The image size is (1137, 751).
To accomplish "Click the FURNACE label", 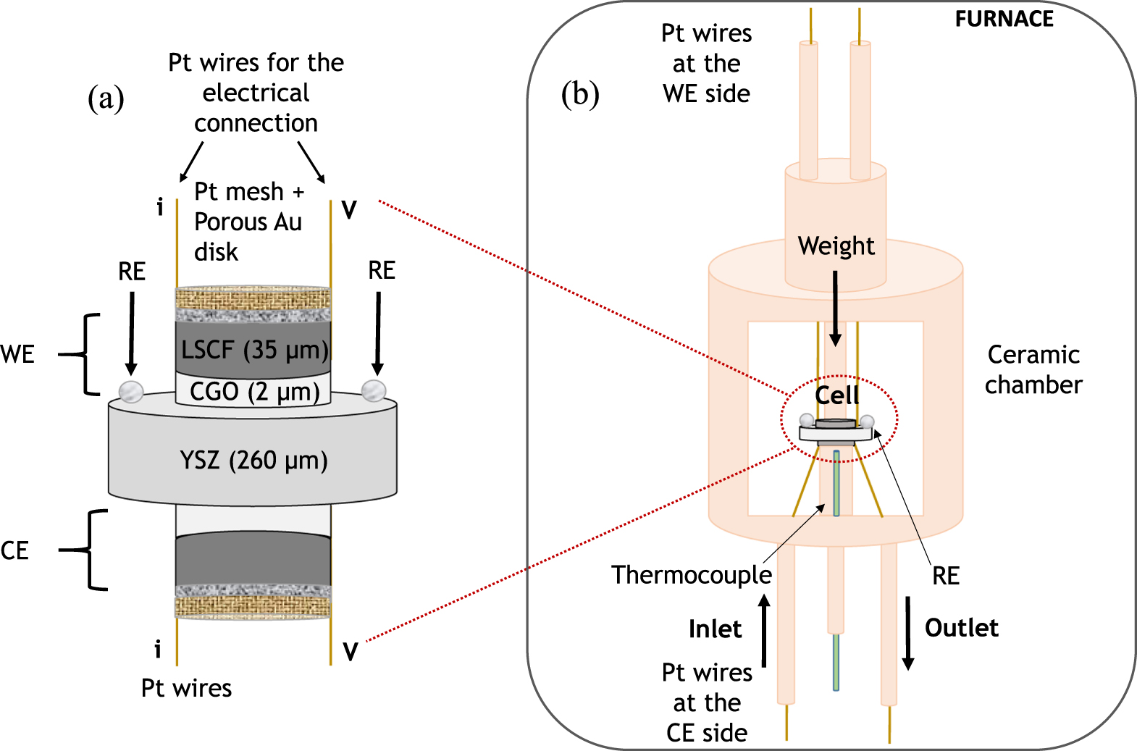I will [1004, 19].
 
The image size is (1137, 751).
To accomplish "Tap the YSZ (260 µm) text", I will [253, 461].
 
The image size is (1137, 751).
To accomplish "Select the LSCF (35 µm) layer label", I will [254, 350].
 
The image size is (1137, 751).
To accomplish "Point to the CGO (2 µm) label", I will [254, 392].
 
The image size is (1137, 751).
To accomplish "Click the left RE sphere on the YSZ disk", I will [131, 391].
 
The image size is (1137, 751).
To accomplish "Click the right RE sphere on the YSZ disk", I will [374, 390].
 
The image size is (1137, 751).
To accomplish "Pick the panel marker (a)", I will [106, 98].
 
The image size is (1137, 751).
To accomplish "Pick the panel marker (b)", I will [580, 95].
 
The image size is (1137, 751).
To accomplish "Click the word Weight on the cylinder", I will [836, 246].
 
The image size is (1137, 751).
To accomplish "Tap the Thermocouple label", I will [692, 575].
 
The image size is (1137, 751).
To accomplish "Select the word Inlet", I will [715, 629].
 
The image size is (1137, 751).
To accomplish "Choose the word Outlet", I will [961, 628].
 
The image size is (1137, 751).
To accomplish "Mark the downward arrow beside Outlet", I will [907, 632].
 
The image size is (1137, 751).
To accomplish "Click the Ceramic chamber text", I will [1033, 369].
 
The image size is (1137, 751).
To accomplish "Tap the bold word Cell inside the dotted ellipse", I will [837, 395].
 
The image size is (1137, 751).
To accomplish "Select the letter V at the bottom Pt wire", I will [350, 652].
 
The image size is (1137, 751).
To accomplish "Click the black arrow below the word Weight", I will [835, 308].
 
